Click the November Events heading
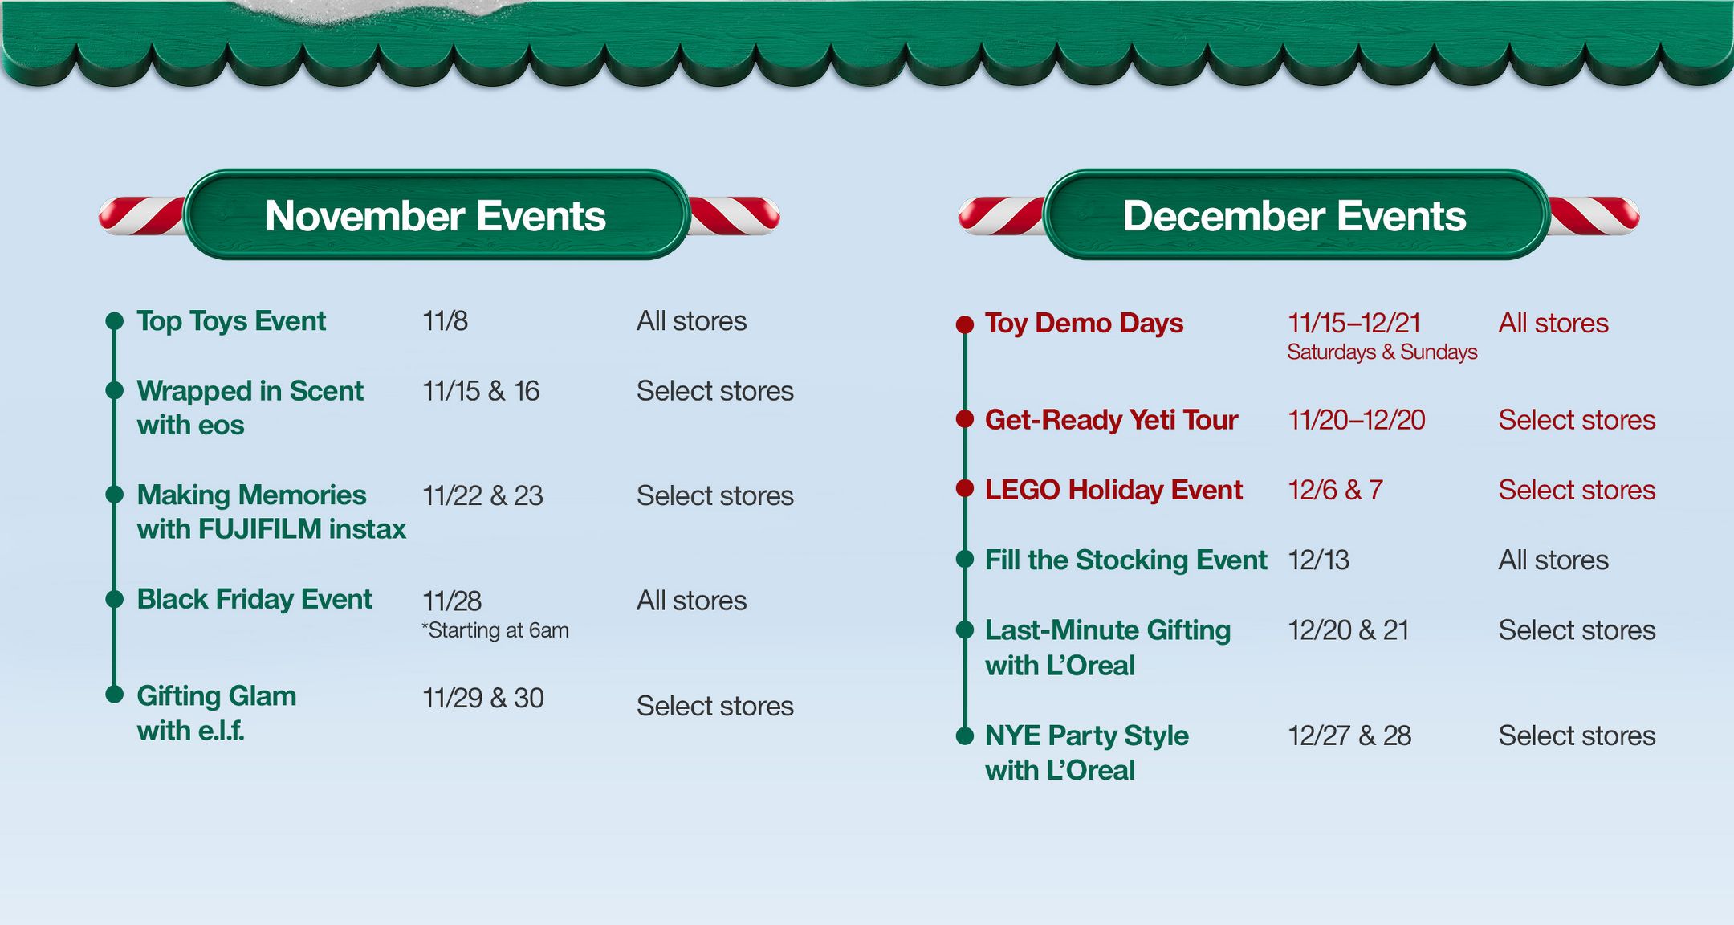click(x=435, y=216)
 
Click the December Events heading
click(x=1294, y=216)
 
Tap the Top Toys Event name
click(x=231, y=321)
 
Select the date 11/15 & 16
click(x=481, y=391)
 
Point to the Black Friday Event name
click(x=254, y=599)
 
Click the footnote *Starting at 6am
click(x=495, y=630)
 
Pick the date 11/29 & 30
click(x=483, y=698)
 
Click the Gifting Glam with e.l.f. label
click(x=217, y=712)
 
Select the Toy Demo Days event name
click(x=1084, y=323)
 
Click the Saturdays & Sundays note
click(x=1382, y=352)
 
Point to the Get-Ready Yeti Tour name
click(x=1111, y=420)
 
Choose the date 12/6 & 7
click(x=1335, y=490)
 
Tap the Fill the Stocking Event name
click(x=1125, y=560)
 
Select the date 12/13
click(x=1318, y=560)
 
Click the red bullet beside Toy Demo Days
click(x=965, y=324)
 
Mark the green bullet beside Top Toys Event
click(x=115, y=321)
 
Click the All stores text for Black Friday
click(x=691, y=601)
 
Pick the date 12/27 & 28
click(x=1349, y=736)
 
